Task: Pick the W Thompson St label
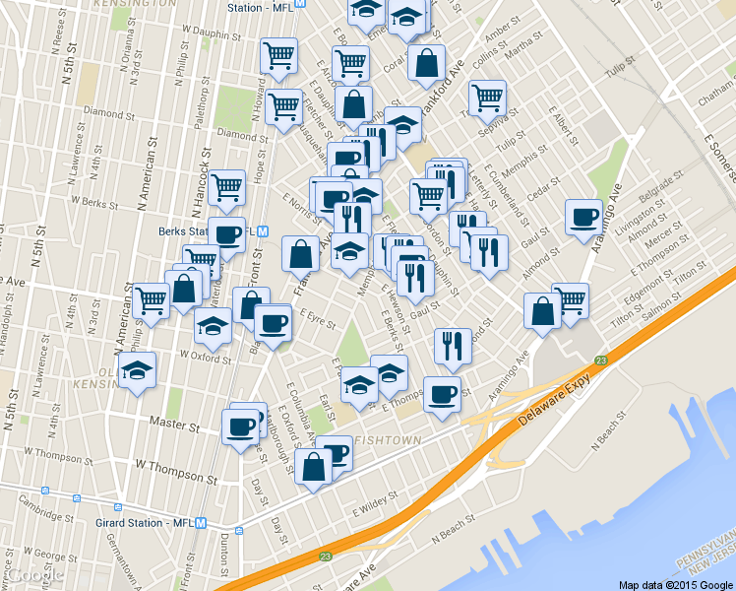tap(168, 463)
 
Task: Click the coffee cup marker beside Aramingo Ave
tap(583, 217)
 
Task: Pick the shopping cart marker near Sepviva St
tap(487, 98)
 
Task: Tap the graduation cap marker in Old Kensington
tap(137, 372)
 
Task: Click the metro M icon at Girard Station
tap(201, 523)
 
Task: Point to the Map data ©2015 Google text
tap(674, 584)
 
